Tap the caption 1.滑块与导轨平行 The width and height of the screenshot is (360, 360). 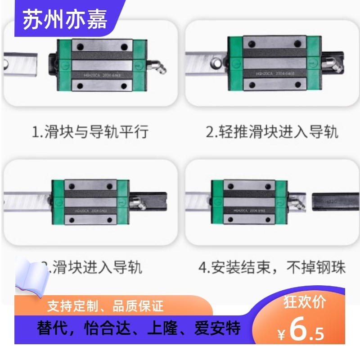90,132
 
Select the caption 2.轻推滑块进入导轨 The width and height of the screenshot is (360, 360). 272,132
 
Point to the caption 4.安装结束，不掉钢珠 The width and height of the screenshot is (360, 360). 272,268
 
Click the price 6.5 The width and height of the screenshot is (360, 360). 306,331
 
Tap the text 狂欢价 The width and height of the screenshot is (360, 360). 304,302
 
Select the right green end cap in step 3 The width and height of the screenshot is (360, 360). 122,202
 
